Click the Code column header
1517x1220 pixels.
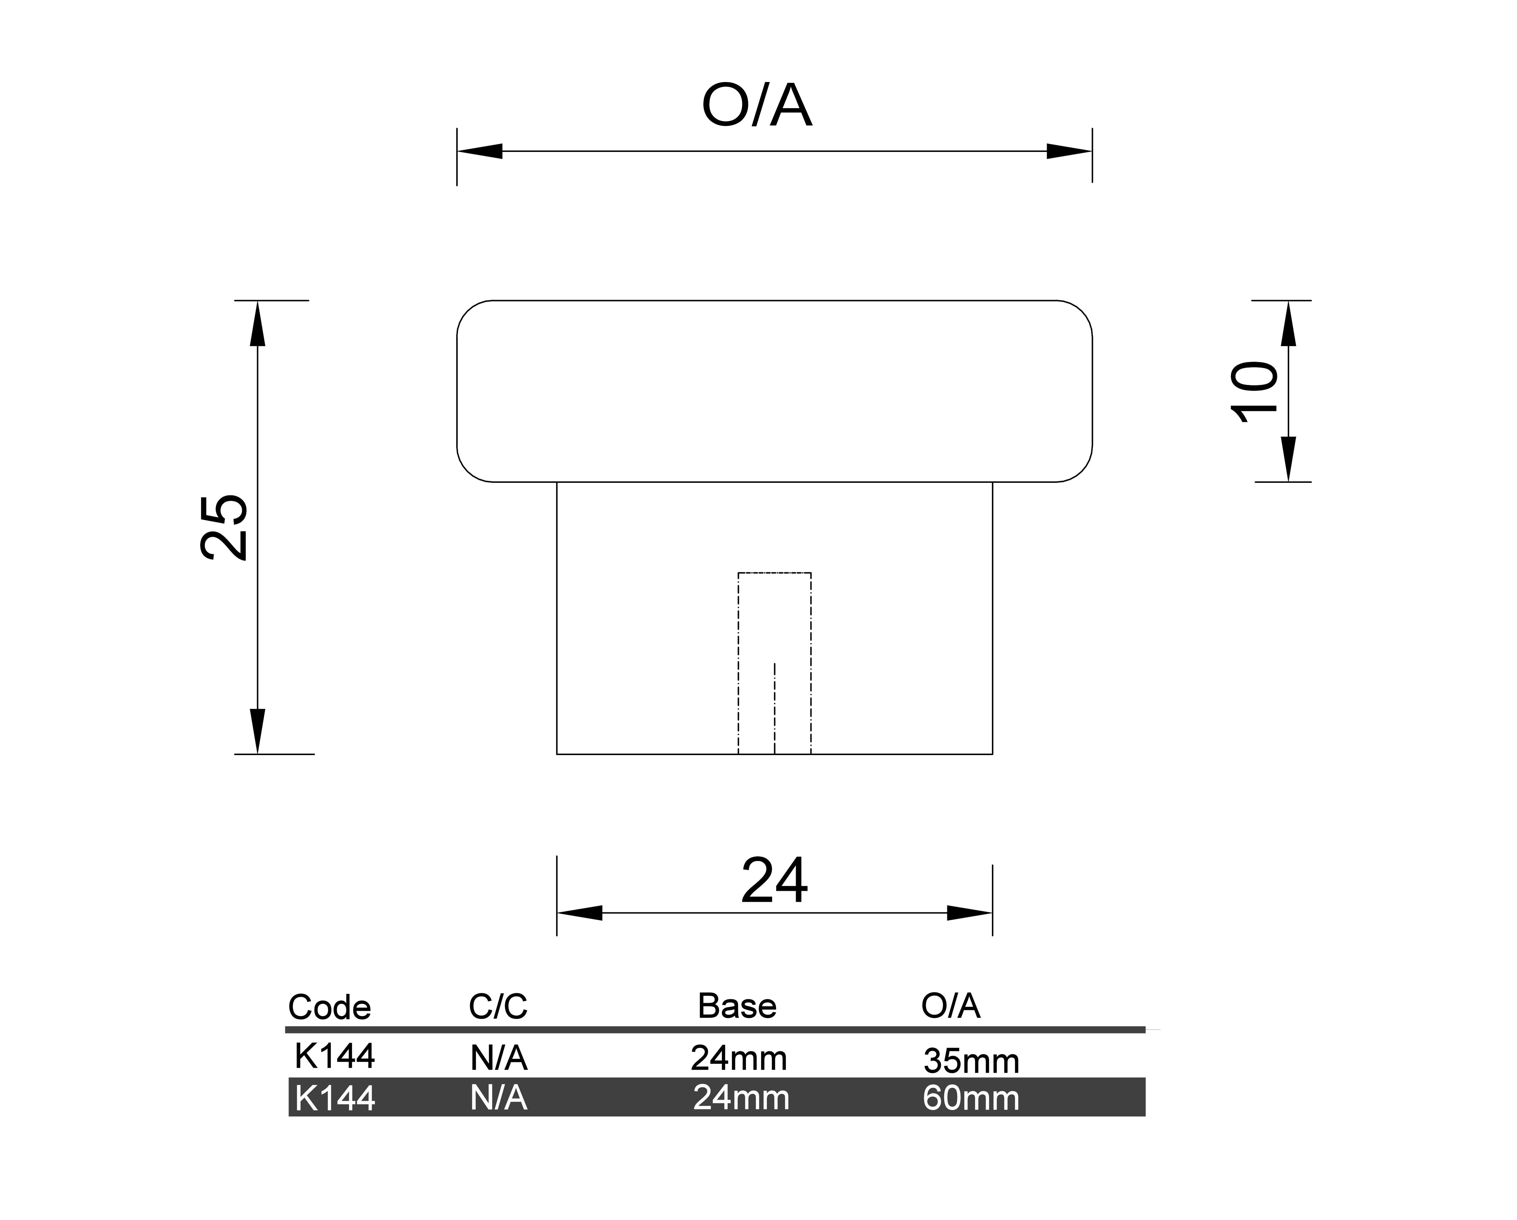[x=329, y=1008]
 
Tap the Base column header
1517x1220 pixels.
[x=737, y=1006]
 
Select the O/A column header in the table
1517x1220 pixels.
[x=951, y=1006]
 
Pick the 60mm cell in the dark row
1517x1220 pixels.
[x=971, y=1099]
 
